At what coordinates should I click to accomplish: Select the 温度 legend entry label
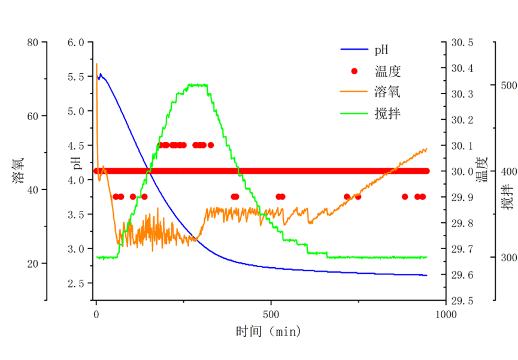pyautogui.click(x=387, y=72)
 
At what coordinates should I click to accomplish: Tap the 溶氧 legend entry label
pyautogui.click(x=387, y=92)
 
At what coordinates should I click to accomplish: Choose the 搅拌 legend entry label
pyautogui.click(x=387, y=113)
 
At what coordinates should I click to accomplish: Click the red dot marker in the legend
pyautogui.click(x=355, y=72)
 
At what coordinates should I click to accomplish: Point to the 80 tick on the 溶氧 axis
pyautogui.click(x=32, y=43)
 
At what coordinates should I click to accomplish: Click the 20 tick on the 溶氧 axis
pyautogui.click(x=32, y=264)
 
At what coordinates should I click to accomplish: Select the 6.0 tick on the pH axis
pyautogui.click(x=80, y=43)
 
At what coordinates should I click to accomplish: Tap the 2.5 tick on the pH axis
pyautogui.click(x=80, y=283)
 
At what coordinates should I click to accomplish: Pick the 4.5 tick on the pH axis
pyautogui.click(x=80, y=146)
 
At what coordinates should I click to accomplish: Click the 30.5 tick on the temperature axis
pyautogui.click(x=462, y=43)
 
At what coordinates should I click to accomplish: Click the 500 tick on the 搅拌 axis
pyautogui.click(x=508, y=86)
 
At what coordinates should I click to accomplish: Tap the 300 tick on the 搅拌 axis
pyautogui.click(x=508, y=258)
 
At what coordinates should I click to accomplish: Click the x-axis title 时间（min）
pyautogui.click(x=268, y=331)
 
